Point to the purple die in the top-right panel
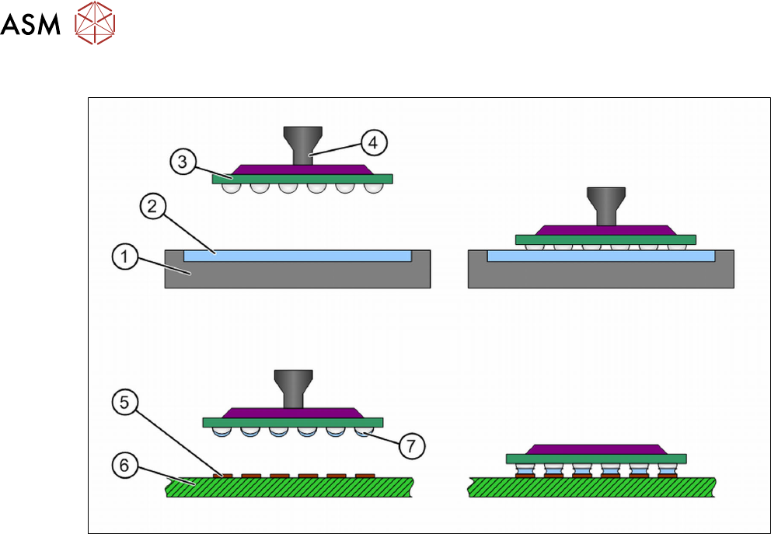click(605, 230)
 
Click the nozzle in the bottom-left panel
click(292, 386)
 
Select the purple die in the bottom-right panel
click(596, 448)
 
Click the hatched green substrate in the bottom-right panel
click(591, 487)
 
